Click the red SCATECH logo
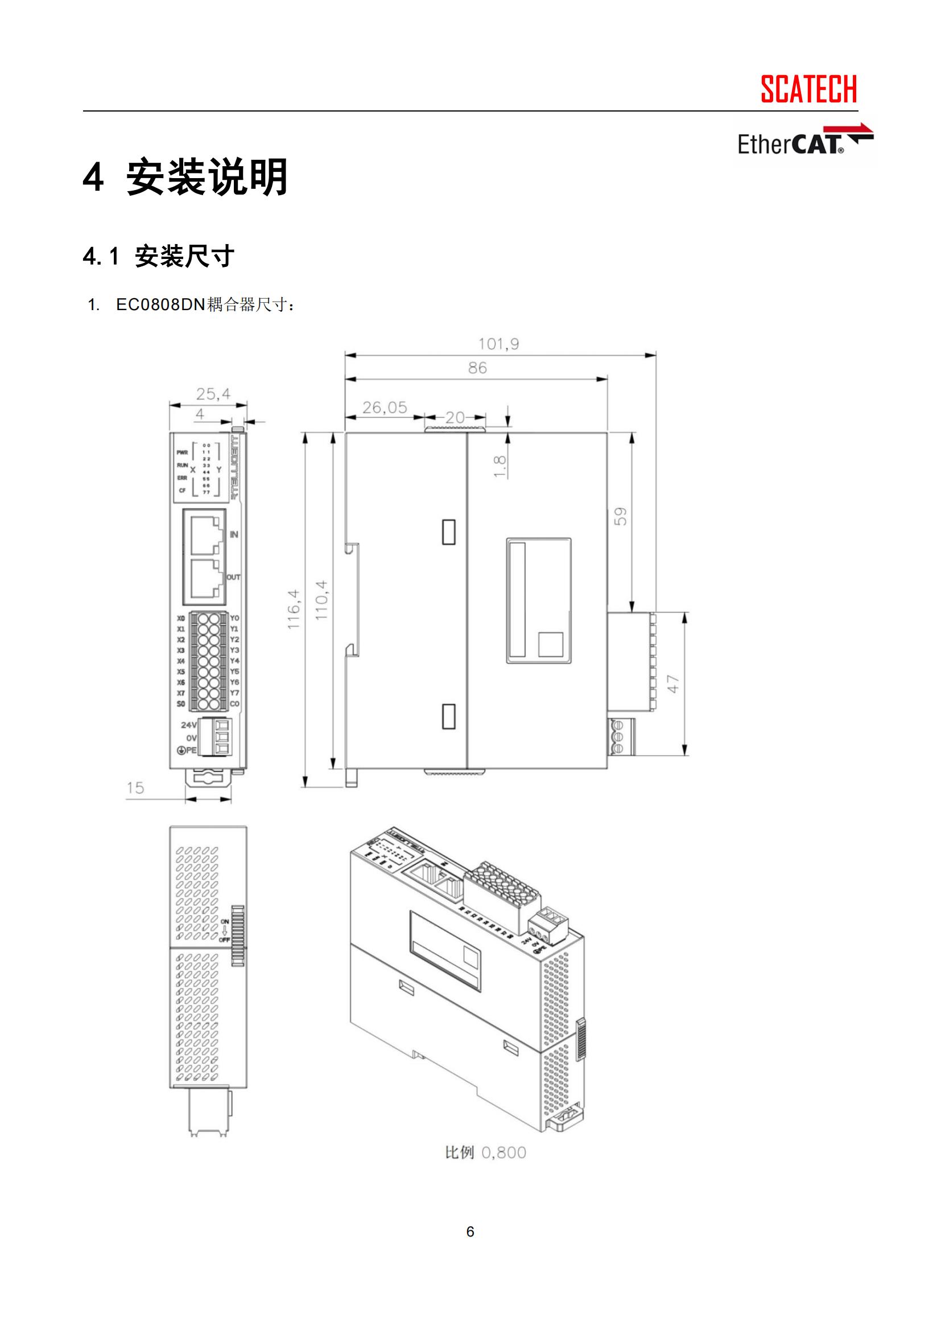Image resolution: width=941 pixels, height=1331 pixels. tap(808, 89)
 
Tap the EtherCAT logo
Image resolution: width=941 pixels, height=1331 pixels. tap(804, 142)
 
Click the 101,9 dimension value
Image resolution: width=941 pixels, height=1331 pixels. tap(498, 344)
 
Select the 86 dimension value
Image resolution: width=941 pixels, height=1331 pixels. tap(477, 368)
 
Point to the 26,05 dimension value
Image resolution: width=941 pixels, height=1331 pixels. tap(385, 408)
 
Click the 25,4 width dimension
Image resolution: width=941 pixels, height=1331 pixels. tap(213, 395)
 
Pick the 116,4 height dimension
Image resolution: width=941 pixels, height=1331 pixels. tap(294, 609)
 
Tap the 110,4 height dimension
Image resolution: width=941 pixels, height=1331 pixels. tap(321, 600)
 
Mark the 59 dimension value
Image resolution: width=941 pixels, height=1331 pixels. tap(621, 517)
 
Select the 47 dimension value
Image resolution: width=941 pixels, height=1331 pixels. tap(673, 684)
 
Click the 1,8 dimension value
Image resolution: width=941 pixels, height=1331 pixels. tap(500, 467)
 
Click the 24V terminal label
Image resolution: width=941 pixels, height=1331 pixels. tap(188, 725)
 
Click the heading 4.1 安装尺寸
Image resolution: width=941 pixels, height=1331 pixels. tap(158, 256)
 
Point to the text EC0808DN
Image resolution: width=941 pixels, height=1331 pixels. tap(160, 305)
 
